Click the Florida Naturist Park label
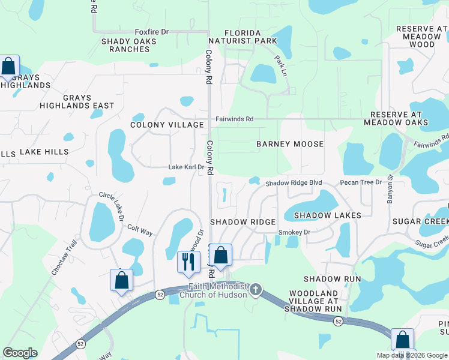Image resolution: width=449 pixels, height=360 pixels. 243,37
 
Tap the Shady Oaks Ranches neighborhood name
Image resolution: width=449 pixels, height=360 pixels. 129,45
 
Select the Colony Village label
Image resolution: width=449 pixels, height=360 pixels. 167,125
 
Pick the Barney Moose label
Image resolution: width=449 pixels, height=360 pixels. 290,144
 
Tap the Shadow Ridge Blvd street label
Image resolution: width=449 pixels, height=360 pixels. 294,182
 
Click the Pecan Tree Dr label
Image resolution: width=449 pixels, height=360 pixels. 361,182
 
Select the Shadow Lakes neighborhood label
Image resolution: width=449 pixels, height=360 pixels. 327,215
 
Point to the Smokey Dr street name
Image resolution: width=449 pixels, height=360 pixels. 294,232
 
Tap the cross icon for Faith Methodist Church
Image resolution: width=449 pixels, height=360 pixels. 256,290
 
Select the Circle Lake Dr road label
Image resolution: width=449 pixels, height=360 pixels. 112,207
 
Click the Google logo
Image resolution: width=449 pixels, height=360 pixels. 20,353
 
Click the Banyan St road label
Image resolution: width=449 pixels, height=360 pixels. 390,189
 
